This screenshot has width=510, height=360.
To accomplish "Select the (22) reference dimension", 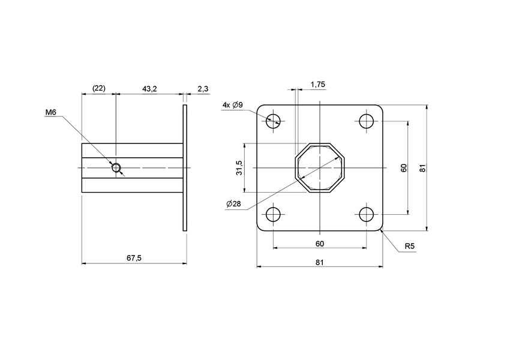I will (98, 89).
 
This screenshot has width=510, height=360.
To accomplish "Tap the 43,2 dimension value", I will (149, 89).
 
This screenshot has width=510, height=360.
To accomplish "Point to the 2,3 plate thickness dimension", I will (202, 89).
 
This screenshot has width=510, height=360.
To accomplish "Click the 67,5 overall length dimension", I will (134, 257).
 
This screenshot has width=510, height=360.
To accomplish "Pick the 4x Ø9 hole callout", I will (232, 105).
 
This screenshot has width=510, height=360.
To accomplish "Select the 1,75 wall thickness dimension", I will (317, 85).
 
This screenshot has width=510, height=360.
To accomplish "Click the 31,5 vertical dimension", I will (239, 168).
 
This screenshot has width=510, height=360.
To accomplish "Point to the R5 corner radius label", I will (410, 247).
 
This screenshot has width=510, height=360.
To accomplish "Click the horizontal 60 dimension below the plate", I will (320, 243).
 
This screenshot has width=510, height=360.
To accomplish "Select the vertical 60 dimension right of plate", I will (404, 168).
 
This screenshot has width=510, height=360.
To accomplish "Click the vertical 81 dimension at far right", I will (422, 168).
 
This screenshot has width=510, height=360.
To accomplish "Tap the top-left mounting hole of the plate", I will (274, 121).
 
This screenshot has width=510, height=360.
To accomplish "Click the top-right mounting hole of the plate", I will (366, 121).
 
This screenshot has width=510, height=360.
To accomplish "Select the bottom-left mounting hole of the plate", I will (274, 214).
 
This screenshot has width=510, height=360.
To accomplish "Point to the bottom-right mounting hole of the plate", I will (366, 214).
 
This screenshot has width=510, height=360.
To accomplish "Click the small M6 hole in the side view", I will (116, 167).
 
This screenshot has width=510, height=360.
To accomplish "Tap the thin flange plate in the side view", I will (185, 168).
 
